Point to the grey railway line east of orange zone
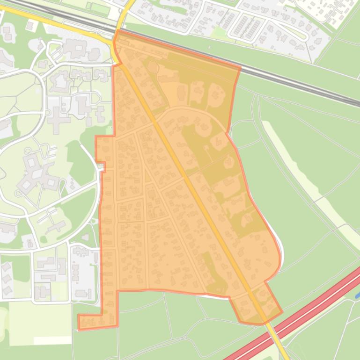(x=300, y=84)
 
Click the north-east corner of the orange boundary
(x=240, y=68)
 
